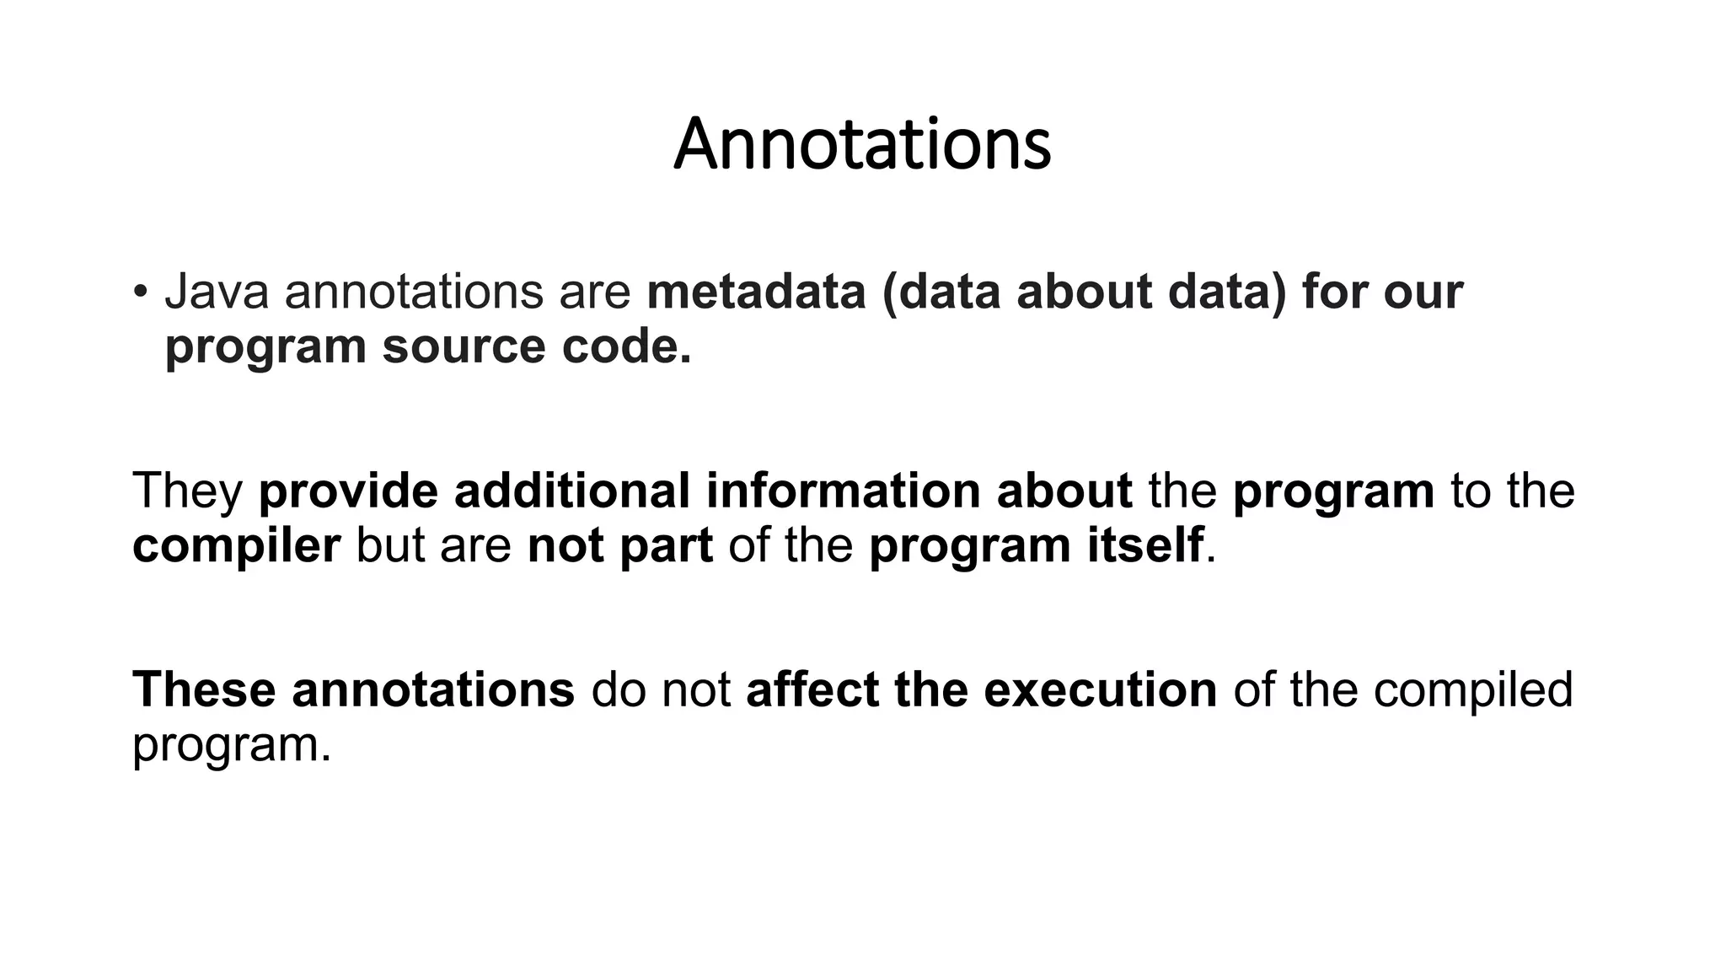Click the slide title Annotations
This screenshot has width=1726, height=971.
point(862,144)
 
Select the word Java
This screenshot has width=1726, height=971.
point(217,292)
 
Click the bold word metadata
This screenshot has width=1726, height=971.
point(757,292)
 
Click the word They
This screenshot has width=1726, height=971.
point(187,491)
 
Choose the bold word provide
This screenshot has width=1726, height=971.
point(347,491)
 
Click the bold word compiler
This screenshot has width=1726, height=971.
point(236,545)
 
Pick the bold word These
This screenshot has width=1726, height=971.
point(204,689)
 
